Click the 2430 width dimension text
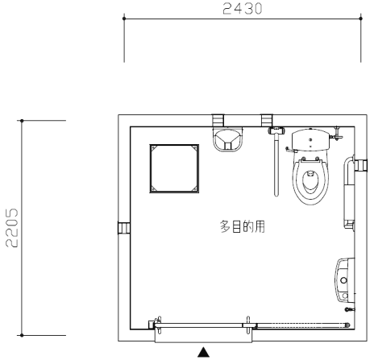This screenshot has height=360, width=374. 242,9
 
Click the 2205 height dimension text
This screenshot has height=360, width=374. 12,228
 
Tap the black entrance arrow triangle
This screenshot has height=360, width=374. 203,352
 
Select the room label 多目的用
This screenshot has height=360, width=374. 243,226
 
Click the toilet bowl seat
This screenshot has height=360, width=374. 310,181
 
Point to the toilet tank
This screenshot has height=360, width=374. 310,139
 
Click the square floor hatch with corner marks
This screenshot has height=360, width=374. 174,168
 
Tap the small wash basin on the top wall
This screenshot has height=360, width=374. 228,139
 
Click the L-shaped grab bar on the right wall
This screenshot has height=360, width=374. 347,192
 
